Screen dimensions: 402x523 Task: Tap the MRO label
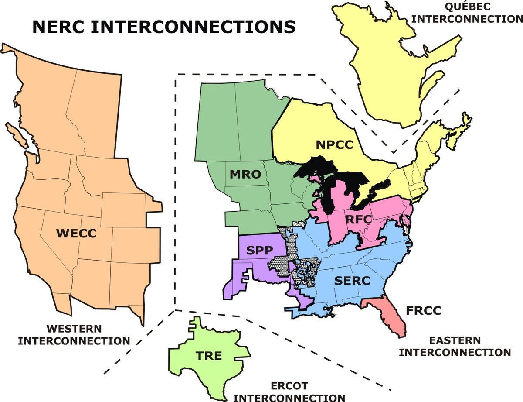245,175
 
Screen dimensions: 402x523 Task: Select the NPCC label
335,145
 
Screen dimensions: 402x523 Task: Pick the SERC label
352,281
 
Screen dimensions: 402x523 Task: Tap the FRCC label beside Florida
424,311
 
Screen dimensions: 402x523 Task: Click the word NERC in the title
63,27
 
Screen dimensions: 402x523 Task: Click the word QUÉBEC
467,7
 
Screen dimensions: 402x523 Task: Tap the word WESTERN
74,329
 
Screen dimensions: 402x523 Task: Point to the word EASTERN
455,340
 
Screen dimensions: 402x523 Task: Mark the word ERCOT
289,386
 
